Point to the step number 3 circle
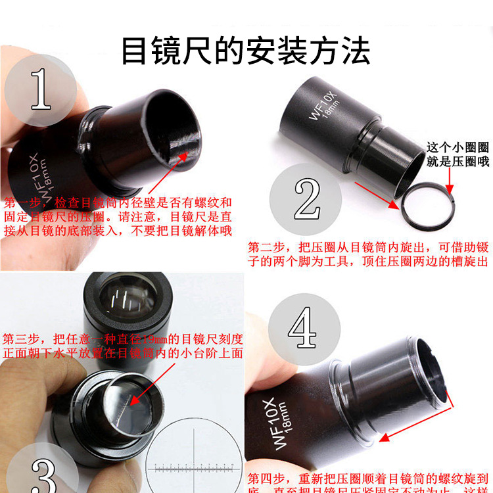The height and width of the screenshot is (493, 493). click(37, 463)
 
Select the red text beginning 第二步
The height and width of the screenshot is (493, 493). click(369, 254)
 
